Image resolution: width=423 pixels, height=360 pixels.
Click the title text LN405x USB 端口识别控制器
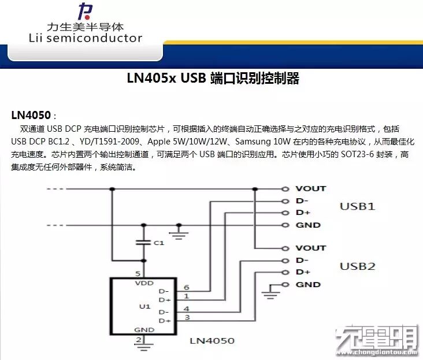click(x=213, y=79)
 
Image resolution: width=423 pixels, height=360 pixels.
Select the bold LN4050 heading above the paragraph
click(x=31, y=114)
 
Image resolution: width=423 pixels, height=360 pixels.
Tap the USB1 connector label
click(x=357, y=206)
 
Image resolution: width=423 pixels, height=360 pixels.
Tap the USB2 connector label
click(x=357, y=266)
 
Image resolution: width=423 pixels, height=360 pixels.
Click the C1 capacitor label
click(x=159, y=243)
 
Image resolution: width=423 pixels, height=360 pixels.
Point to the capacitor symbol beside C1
click(x=143, y=243)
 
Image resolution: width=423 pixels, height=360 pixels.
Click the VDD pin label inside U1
click(x=144, y=284)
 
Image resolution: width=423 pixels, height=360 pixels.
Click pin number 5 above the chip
click(x=138, y=273)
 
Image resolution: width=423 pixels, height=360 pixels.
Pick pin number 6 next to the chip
click(x=186, y=287)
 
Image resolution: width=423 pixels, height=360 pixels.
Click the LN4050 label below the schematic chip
click(x=212, y=340)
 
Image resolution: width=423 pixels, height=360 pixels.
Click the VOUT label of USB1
click(x=310, y=188)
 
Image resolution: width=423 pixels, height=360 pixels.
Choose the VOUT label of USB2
click(x=310, y=248)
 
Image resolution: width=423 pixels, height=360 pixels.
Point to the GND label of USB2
click(x=307, y=284)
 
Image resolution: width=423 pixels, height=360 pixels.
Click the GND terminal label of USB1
click(x=307, y=225)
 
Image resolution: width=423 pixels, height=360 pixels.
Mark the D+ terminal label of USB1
click(x=303, y=213)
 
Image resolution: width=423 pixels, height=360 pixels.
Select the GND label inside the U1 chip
click(x=144, y=329)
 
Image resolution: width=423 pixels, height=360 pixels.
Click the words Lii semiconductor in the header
click(x=85, y=39)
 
